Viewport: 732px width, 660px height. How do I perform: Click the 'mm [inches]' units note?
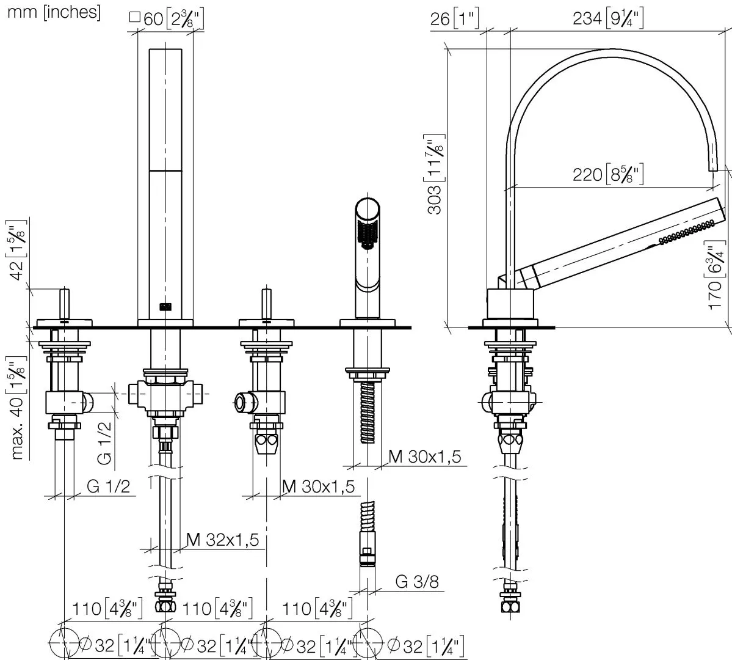[x=53, y=12]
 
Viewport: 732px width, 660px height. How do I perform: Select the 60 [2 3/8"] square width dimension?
[x=166, y=19]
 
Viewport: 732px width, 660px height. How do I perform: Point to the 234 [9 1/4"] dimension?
[x=607, y=19]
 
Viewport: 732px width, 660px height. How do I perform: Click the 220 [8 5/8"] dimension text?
[x=607, y=175]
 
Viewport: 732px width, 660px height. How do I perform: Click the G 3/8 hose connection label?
[x=417, y=581]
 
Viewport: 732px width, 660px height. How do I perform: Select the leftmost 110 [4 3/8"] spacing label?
[x=107, y=609]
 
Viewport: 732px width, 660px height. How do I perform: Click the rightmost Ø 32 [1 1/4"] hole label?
[x=425, y=643]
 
